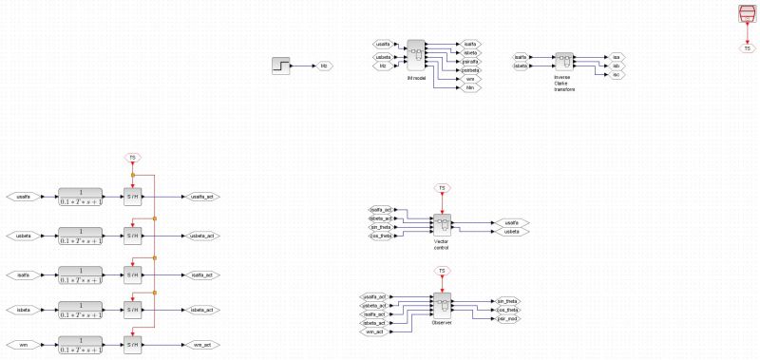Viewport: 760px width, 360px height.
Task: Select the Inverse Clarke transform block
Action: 563,63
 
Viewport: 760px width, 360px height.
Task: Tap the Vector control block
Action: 442,224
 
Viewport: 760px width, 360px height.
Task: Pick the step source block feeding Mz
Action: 282,66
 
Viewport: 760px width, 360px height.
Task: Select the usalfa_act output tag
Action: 201,197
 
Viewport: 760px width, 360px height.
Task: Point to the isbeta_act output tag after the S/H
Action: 201,310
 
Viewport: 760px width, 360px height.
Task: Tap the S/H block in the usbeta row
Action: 132,235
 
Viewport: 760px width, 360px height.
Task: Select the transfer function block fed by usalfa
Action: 85,197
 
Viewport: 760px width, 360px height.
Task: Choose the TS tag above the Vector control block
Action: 441,187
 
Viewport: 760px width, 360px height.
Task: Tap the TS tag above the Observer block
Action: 441,272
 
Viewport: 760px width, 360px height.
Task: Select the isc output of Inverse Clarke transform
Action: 616,74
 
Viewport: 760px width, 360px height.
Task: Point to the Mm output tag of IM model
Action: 469,87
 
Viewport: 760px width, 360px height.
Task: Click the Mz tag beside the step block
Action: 323,66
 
